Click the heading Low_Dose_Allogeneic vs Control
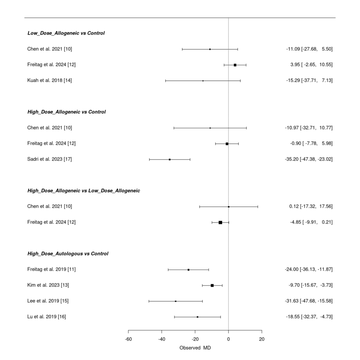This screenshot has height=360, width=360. click(66, 33)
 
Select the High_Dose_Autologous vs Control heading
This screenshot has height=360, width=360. click(68, 253)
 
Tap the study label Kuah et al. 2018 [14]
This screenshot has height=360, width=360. click(50, 80)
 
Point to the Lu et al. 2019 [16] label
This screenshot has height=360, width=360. click(47, 317)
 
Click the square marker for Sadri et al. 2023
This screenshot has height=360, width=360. click(170, 160)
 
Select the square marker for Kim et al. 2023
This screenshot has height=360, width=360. click(212, 285)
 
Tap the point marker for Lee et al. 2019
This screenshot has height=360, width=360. click(176, 301)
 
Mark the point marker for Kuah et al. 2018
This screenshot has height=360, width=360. click(203, 81)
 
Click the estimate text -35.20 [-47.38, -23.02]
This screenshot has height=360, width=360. click(309, 159)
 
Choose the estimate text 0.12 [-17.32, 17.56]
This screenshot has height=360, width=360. click(311, 206)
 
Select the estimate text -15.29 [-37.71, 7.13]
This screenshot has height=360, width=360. click(310, 80)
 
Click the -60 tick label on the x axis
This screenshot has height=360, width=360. click(128, 339)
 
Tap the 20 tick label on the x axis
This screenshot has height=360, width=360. click(262, 339)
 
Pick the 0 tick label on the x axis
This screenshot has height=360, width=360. click(229, 339)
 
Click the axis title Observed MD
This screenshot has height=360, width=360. click(195, 348)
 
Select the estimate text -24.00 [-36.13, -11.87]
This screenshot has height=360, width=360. click(309, 269)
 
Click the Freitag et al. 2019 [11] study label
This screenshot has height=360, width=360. click(51, 269)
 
